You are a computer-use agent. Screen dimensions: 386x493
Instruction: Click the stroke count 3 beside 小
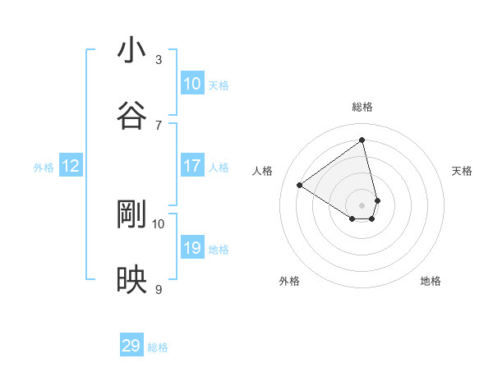click(159, 59)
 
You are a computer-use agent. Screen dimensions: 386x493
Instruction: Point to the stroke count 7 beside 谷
click(159, 125)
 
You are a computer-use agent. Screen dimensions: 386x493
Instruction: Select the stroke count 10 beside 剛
click(159, 223)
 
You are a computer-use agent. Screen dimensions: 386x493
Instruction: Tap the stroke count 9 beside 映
click(159, 289)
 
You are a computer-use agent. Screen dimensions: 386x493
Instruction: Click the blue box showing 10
click(192, 84)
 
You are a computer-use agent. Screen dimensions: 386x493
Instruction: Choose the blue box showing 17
click(192, 166)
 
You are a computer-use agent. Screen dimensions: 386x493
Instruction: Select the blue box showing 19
click(192, 248)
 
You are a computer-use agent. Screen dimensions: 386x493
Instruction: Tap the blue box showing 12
click(71, 166)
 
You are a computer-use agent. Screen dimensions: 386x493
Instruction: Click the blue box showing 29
click(131, 346)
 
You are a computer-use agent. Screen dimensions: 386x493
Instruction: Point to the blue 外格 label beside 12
click(44, 168)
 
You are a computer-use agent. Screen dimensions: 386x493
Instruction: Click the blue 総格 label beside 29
click(158, 347)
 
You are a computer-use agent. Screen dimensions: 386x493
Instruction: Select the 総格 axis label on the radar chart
click(362, 107)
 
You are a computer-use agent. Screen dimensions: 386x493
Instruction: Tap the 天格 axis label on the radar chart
click(463, 171)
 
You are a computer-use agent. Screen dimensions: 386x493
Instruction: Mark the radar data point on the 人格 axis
click(300, 185)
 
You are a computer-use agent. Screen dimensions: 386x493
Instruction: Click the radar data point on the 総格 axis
click(362, 140)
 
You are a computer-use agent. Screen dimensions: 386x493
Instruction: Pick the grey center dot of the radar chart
click(362, 204)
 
